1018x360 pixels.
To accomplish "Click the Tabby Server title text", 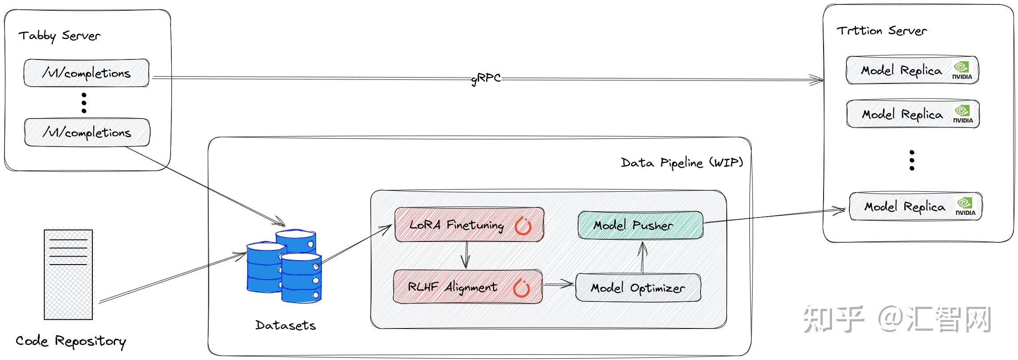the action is click(59, 36).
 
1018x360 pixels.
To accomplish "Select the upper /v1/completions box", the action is click(87, 73).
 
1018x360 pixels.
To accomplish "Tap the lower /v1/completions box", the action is click(87, 132).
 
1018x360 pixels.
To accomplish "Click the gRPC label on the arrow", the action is click(486, 79).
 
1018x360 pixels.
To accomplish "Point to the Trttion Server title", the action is click(882, 31).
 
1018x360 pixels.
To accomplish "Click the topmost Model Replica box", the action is click(913, 70).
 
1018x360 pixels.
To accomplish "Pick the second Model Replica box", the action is click(913, 114).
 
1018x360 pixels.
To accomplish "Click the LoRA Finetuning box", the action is click(469, 225).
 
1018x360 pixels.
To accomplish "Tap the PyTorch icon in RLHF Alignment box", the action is click(522, 288).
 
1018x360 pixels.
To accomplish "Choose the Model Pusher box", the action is click(641, 225).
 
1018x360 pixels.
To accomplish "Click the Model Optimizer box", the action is click(638, 288).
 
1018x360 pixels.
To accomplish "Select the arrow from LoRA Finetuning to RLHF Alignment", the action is click(465, 255).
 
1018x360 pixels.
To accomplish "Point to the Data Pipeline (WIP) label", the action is click(682, 163).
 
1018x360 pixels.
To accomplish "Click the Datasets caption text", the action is click(285, 325).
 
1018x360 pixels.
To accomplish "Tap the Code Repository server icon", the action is click(68, 274).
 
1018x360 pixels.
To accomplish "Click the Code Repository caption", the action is click(71, 341).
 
